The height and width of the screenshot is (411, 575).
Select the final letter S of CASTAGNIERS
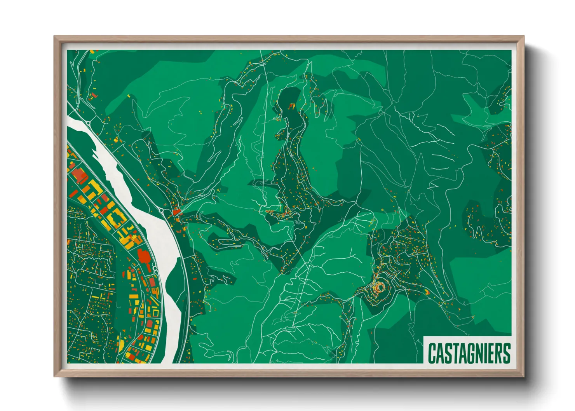(506, 353)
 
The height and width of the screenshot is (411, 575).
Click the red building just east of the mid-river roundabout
(177, 212)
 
